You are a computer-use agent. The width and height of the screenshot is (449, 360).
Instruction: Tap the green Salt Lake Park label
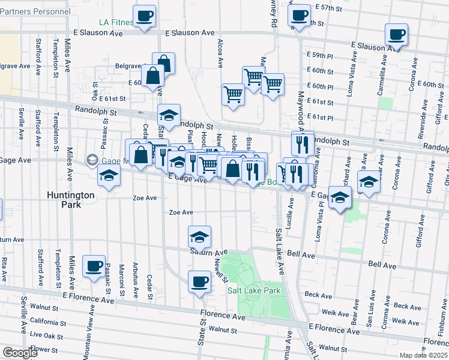(254, 290)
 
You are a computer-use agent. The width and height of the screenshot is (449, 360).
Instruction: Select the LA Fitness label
(116, 23)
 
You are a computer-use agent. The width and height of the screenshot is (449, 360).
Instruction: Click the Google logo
(20, 353)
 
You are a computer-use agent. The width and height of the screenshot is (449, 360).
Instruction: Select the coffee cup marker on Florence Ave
(199, 281)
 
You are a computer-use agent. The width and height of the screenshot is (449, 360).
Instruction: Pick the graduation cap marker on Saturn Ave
(199, 236)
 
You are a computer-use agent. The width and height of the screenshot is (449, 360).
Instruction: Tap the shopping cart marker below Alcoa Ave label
(233, 94)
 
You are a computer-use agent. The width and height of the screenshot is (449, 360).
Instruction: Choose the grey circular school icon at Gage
(92, 160)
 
